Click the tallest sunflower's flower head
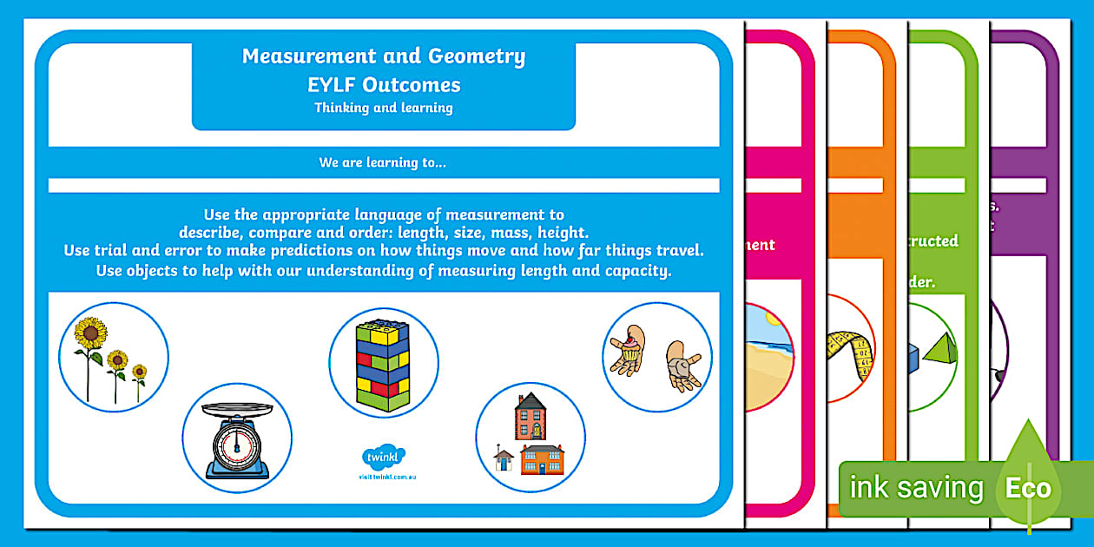pyautogui.click(x=90, y=333)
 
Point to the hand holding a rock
pyautogui.click(x=683, y=364)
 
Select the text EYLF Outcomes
pyautogui.click(x=384, y=85)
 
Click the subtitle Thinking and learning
pyautogui.click(x=384, y=109)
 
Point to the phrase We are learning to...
pyautogui.click(x=383, y=161)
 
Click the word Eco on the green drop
pyautogui.click(x=1028, y=488)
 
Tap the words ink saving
pyautogui.click(x=916, y=488)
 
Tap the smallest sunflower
pyautogui.click(x=139, y=373)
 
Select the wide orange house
pyautogui.click(x=542, y=459)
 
